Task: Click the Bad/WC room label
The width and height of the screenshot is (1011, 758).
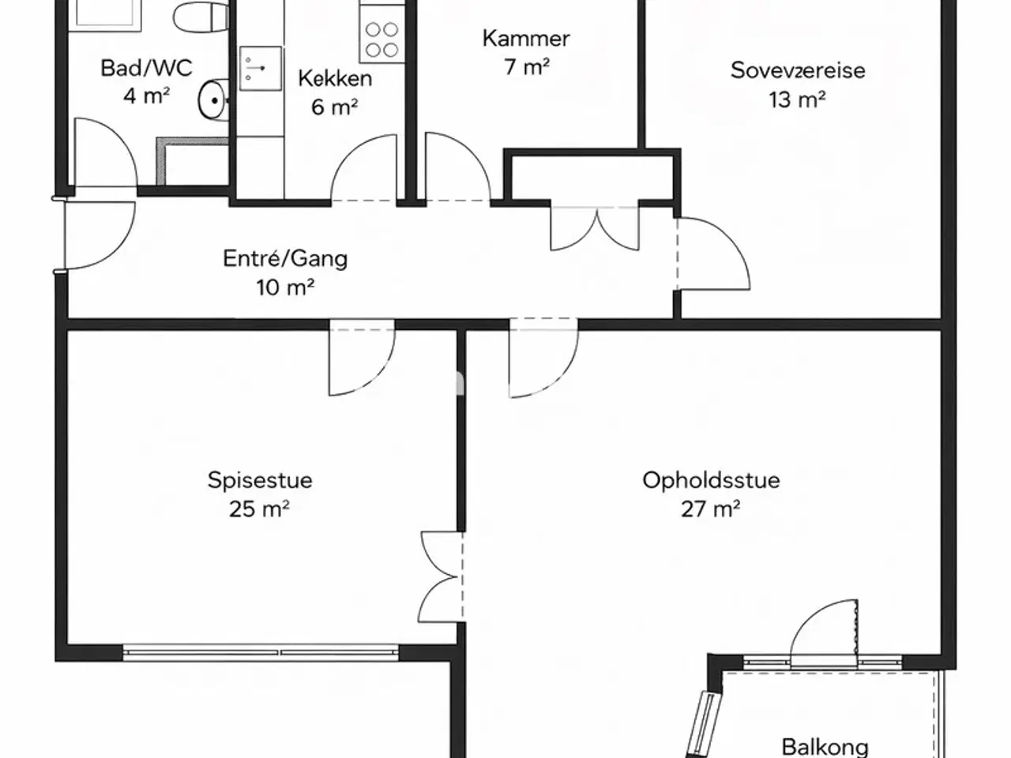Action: tap(146, 68)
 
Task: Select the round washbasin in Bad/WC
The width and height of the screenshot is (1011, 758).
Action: tap(214, 99)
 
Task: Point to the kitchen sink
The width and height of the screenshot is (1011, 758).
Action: tap(260, 68)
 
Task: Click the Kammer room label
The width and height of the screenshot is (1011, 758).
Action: tap(526, 39)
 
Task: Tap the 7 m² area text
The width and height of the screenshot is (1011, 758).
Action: tap(527, 67)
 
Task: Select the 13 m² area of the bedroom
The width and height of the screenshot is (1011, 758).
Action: tap(797, 99)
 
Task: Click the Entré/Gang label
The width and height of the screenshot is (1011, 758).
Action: tap(285, 259)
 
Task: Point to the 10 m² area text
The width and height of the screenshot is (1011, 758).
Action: tap(285, 288)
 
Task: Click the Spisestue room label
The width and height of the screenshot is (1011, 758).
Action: tap(260, 481)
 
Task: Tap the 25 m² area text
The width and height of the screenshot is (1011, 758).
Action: tap(259, 509)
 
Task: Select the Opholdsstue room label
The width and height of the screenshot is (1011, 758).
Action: tap(711, 481)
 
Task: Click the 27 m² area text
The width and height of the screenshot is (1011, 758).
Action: tap(711, 509)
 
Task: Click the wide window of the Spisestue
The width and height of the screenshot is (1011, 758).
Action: tap(261, 652)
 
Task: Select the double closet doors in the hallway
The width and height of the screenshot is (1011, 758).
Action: tap(595, 229)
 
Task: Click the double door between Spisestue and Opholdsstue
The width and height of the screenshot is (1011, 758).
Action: tap(441, 578)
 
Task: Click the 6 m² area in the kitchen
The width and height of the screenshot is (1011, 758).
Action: tap(334, 107)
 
